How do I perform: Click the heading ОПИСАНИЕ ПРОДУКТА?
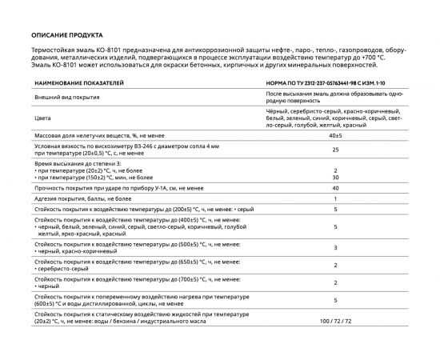[66, 36]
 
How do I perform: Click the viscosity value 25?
[335, 150]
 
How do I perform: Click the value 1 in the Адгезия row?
[335, 197]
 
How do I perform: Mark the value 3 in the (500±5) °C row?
[335, 248]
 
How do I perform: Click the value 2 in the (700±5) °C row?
[335, 282]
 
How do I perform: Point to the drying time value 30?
[335, 177]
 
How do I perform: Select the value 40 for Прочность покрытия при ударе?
[335, 187]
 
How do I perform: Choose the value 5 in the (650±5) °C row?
[335, 265]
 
